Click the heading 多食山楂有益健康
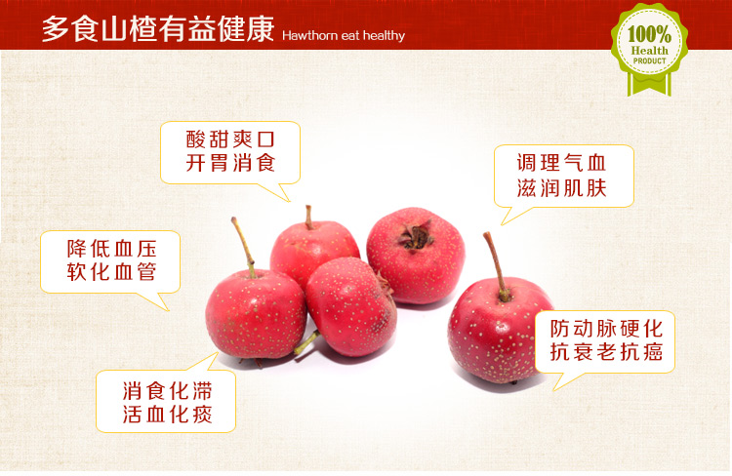pyautogui.click(x=158, y=29)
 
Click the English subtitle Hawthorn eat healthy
pyautogui.click(x=344, y=36)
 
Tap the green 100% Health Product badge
pyautogui.click(x=649, y=49)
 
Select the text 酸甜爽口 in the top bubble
pyautogui.click(x=230, y=139)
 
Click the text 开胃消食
pyautogui.click(x=230, y=163)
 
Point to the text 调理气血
pyautogui.click(x=561, y=163)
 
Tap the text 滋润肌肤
pyautogui.click(x=561, y=187)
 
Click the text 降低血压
pyautogui.click(x=111, y=249)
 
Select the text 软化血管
pyautogui.click(x=111, y=271)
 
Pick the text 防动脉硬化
pyautogui.click(x=606, y=329)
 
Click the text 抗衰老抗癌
pyautogui.click(x=606, y=351)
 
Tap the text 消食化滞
pyautogui.click(x=168, y=390)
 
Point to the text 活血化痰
pyautogui.click(x=168, y=414)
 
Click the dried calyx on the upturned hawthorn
pyautogui.click(x=415, y=236)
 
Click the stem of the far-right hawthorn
pyautogui.click(x=496, y=266)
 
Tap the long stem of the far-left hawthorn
pyautogui.click(x=244, y=247)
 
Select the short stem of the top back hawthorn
pyautogui.click(x=308, y=218)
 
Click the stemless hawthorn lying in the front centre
pyautogui.click(x=350, y=305)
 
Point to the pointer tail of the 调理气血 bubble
pyautogui.click(x=513, y=216)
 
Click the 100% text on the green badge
pyautogui.click(x=649, y=34)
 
